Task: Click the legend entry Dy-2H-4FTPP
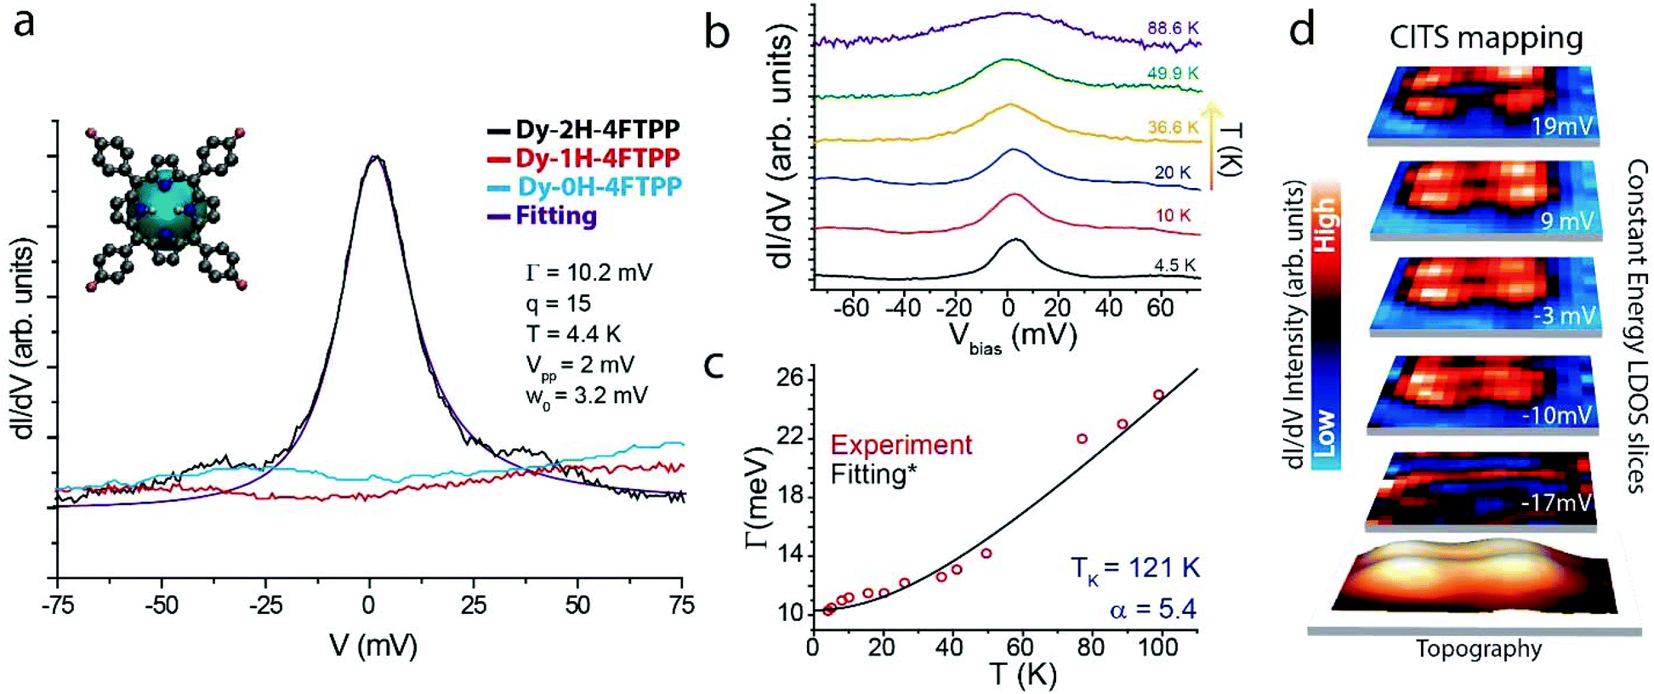583,129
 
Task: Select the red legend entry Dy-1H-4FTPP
583,158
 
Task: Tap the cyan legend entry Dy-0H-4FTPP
583,187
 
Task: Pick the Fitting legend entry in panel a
542,216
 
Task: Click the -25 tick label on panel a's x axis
264,606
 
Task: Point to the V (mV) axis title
373,646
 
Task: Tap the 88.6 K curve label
1173,28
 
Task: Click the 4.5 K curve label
1175,265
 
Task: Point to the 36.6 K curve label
1173,127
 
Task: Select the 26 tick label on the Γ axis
791,378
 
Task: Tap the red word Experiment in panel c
901,445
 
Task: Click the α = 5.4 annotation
1152,609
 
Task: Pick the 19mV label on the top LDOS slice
1561,127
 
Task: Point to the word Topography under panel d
1479,649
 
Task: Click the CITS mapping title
1486,37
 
